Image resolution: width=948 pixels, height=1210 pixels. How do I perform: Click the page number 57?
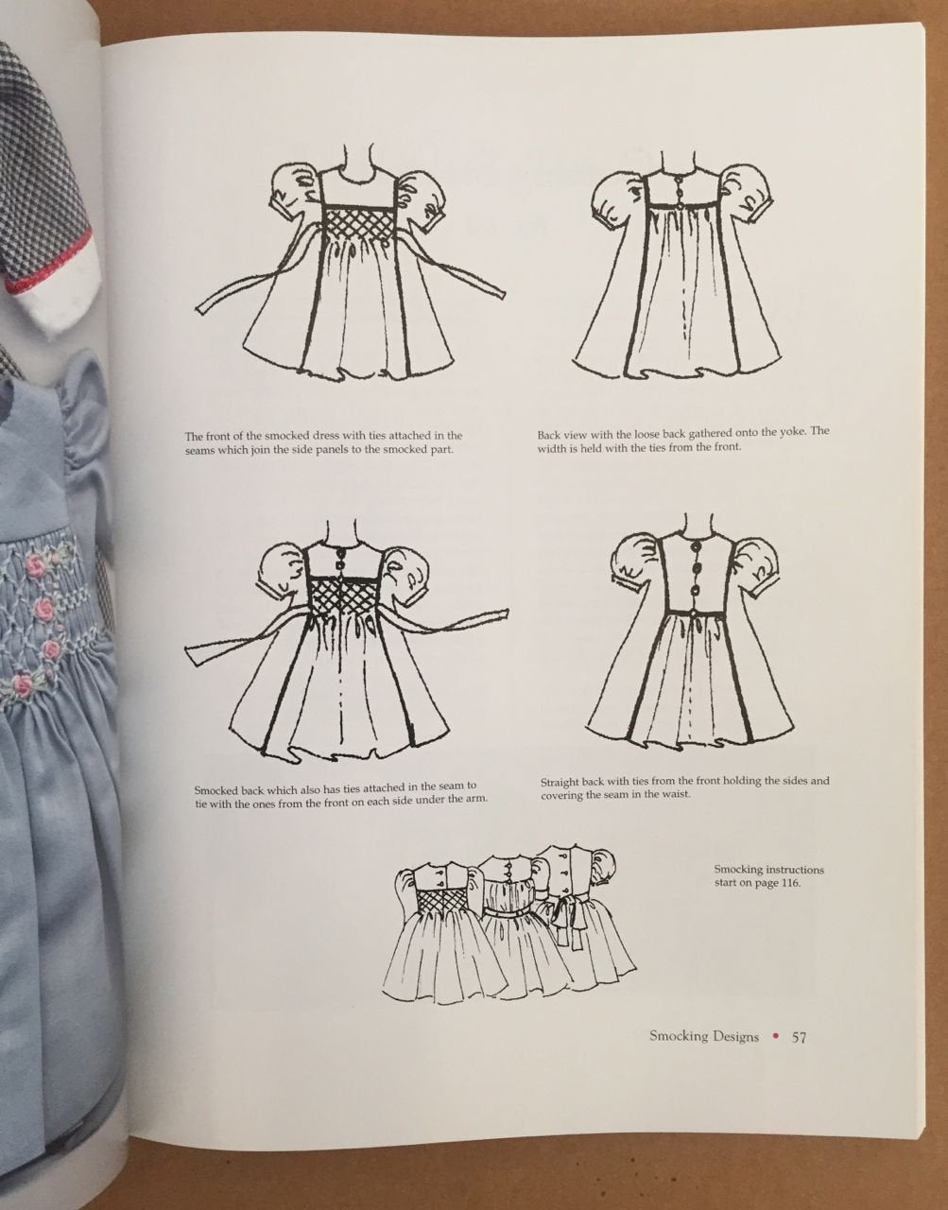pos(799,1037)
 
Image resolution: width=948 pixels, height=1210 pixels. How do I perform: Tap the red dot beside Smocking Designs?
pos(775,1037)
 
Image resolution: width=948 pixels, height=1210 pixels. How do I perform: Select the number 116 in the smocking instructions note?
pos(790,883)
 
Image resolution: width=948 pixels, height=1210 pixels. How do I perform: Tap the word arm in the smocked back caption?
pos(477,799)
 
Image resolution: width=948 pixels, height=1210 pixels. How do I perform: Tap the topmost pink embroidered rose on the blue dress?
pos(36,563)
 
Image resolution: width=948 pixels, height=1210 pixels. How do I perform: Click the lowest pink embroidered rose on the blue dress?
pos(23,685)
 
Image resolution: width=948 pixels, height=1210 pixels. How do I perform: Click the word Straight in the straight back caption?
pos(560,783)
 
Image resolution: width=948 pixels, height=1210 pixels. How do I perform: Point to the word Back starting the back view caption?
pos(548,435)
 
